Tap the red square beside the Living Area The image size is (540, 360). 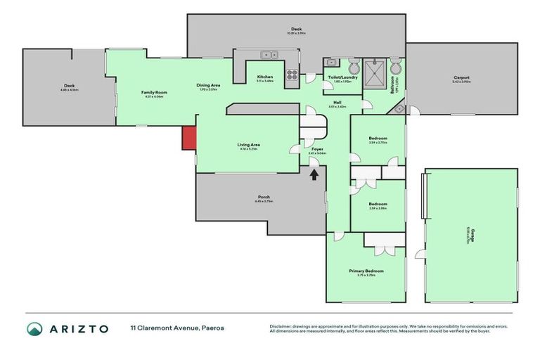[x=189, y=138]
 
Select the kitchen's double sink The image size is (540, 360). [x=267, y=54]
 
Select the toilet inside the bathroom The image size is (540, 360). [x=396, y=68]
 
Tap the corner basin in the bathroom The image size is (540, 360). [x=399, y=109]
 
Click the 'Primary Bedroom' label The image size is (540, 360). [x=366, y=271]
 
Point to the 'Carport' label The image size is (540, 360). [x=461, y=77]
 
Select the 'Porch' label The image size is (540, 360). [x=264, y=197]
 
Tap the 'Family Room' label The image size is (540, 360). [x=154, y=92]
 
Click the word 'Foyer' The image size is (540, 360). [x=316, y=148]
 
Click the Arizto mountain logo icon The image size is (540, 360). [x=34, y=328]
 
